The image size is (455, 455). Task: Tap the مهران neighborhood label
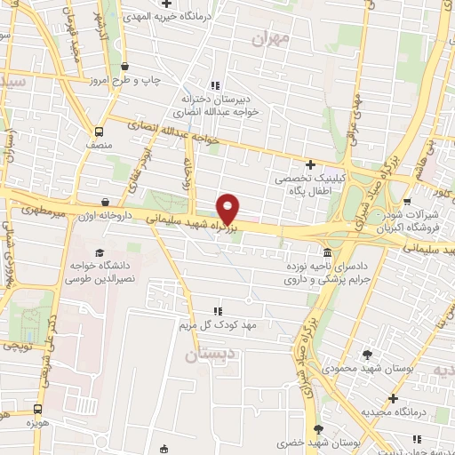(x=271, y=38)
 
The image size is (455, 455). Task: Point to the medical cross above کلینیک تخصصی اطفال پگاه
(x=309, y=164)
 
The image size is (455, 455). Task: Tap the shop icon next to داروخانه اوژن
(x=106, y=203)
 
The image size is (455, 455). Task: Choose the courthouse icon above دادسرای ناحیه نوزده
(x=328, y=251)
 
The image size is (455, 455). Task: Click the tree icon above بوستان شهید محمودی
(x=366, y=355)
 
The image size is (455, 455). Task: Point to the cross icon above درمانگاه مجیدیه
(x=393, y=399)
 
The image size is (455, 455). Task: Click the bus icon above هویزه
(x=37, y=410)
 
